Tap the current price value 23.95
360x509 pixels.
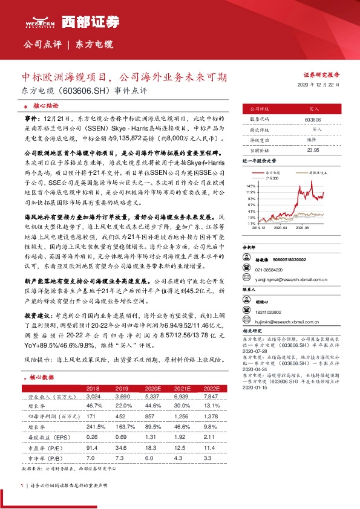(x=313, y=149)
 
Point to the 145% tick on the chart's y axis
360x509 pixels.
(x=251, y=186)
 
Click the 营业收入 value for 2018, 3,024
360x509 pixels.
(x=93, y=397)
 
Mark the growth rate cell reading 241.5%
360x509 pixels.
(x=93, y=426)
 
